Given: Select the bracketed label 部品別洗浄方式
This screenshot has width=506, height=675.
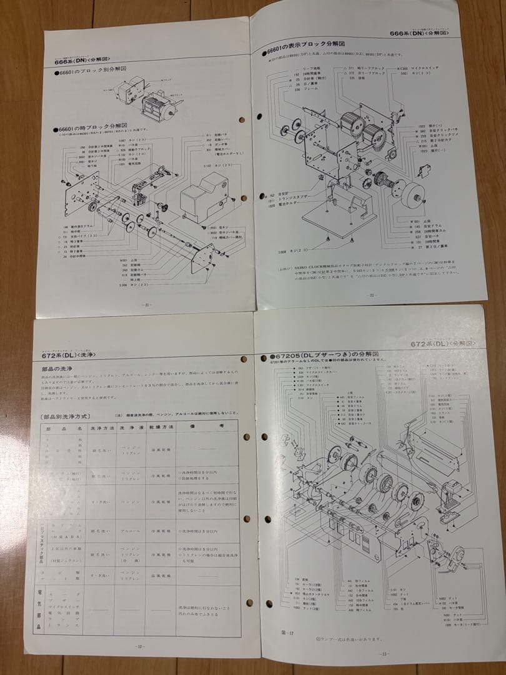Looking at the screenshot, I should click(66, 415).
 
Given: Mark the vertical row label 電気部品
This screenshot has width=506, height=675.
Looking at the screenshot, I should click(39, 609).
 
